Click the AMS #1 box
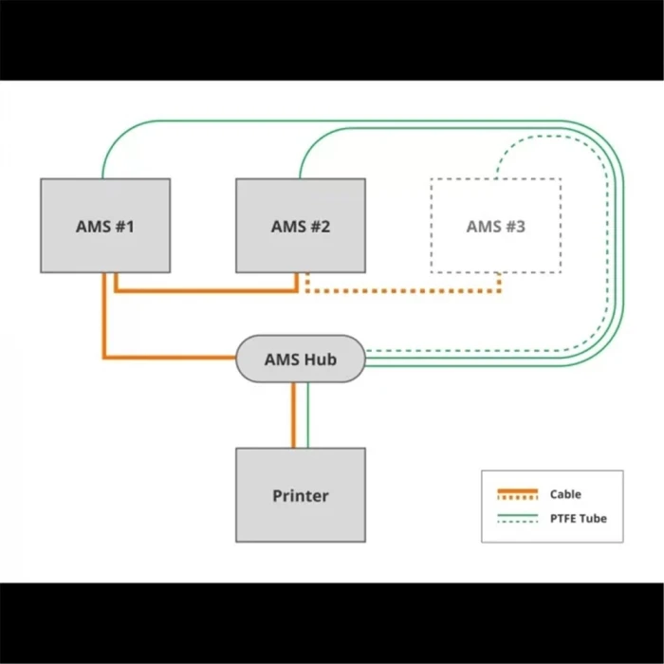(105, 225)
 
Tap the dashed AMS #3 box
(495, 226)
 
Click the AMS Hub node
(300, 360)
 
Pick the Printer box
(300, 495)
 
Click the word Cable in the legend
(565, 494)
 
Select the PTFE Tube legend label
(578, 518)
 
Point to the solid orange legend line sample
(517, 491)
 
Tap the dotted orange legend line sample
(517, 497)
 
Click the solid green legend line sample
(517, 515)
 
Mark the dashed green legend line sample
(517, 521)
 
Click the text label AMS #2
(300, 226)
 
